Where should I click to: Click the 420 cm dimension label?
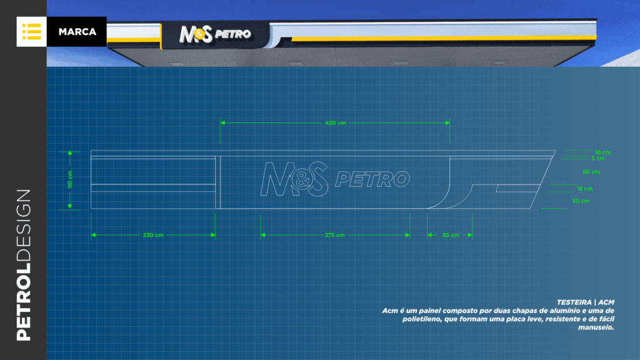coord(335,123)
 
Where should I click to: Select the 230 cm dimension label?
coord(153,235)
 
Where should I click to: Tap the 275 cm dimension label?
coord(334,235)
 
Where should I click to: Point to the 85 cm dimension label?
coord(451,235)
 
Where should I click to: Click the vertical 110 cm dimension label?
coord(70,179)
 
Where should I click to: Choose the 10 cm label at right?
coord(603,152)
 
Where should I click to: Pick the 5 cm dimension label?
coord(598,158)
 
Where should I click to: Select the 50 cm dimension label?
coord(591,172)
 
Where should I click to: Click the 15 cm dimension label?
coord(585,189)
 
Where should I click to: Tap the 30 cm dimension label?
coord(581,201)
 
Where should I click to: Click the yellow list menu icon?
coord(31,32)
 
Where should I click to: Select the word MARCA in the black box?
coord(77,32)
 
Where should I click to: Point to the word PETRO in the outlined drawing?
coord(372,179)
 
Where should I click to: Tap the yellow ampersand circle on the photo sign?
coord(198,34)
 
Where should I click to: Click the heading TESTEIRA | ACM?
coord(585,302)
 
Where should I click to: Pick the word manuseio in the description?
coord(596,327)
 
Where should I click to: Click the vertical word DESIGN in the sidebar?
coord(24,225)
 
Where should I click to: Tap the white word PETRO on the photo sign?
coord(232,34)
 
